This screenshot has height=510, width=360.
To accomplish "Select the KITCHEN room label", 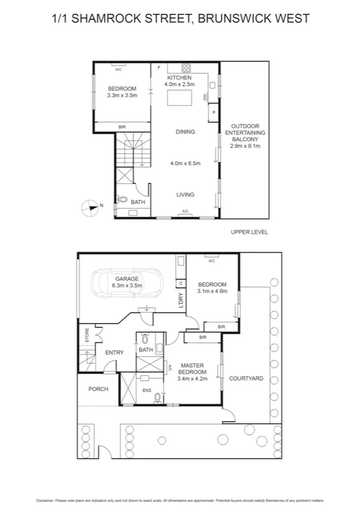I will tap(179, 78).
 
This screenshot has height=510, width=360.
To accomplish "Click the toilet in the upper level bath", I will tap(122, 200).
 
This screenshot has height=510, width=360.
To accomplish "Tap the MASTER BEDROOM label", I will tap(192, 368).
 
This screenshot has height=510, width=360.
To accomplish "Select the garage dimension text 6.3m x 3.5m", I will tap(127, 286).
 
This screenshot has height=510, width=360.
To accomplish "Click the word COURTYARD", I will tap(246, 379).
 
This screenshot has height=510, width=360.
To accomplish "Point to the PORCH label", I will tap(98, 389).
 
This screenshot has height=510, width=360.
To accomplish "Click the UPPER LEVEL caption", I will tap(249, 232).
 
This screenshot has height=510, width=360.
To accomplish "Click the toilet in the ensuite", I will tap(157, 396).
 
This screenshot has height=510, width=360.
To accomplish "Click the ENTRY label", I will tap(114, 352).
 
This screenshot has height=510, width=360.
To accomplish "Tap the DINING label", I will tap(185, 132).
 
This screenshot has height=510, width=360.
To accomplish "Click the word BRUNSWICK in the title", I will tap(235, 18).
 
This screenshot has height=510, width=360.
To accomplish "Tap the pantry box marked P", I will tap(213, 112).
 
